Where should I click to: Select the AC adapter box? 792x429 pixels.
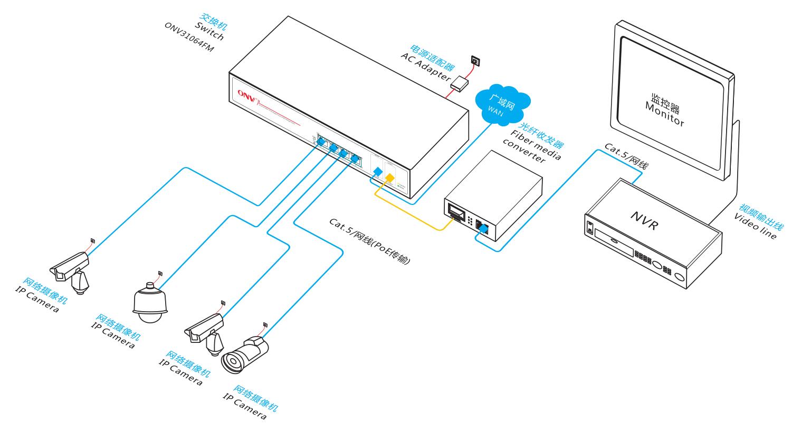[x=460, y=83]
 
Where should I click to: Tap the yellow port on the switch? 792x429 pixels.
[x=389, y=180]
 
